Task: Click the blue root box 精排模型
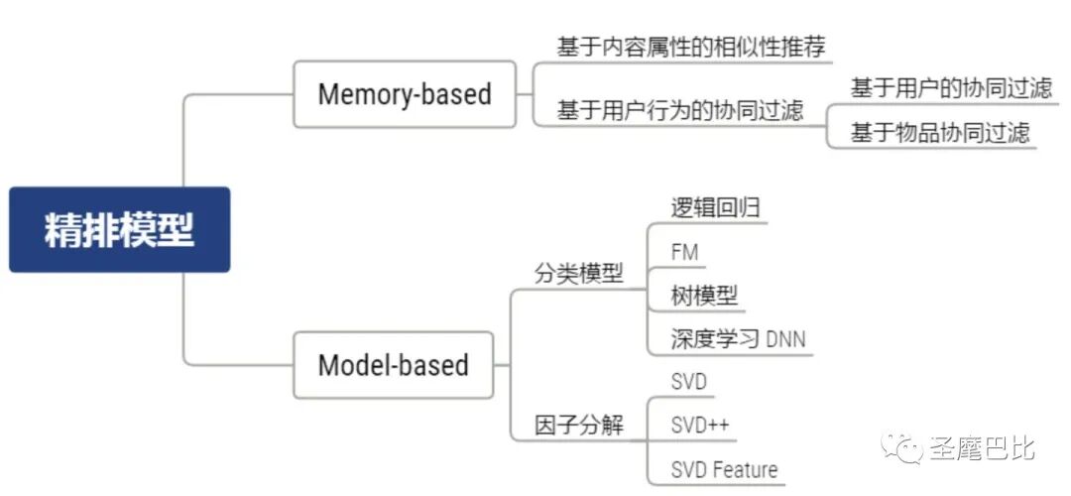tap(119, 230)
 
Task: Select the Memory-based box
tap(405, 94)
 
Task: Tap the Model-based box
tap(393, 365)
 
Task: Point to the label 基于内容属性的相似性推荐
tap(690, 47)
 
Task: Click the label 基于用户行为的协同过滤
tap(679, 110)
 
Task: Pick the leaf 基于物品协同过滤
tap(940, 133)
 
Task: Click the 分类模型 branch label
tap(579, 274)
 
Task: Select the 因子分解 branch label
tap(579, 425)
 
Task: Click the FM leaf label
tap(684, 252)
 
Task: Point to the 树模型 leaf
tap(704, 295)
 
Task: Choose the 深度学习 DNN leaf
tap(738, 339)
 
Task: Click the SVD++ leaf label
tap(699, 425)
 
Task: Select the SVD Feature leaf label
tap(724, 469)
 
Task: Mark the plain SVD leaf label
tap(688, 382)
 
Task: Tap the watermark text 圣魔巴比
tap(982, 448)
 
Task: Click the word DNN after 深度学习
tap(785, 340)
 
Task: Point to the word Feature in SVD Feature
tap(745, 469)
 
